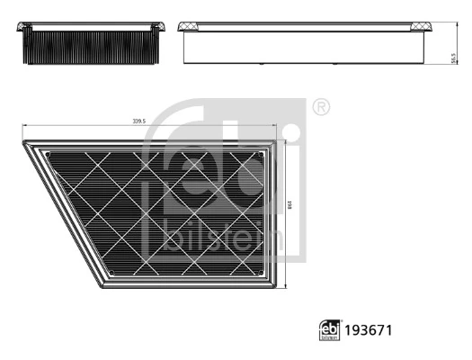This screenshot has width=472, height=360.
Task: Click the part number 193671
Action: point(367,330)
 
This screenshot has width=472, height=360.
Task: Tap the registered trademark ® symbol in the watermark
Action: point(321,108)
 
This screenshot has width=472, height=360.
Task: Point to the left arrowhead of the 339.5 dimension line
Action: point(24,126)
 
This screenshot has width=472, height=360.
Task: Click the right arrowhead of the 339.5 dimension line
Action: point(273,126)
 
